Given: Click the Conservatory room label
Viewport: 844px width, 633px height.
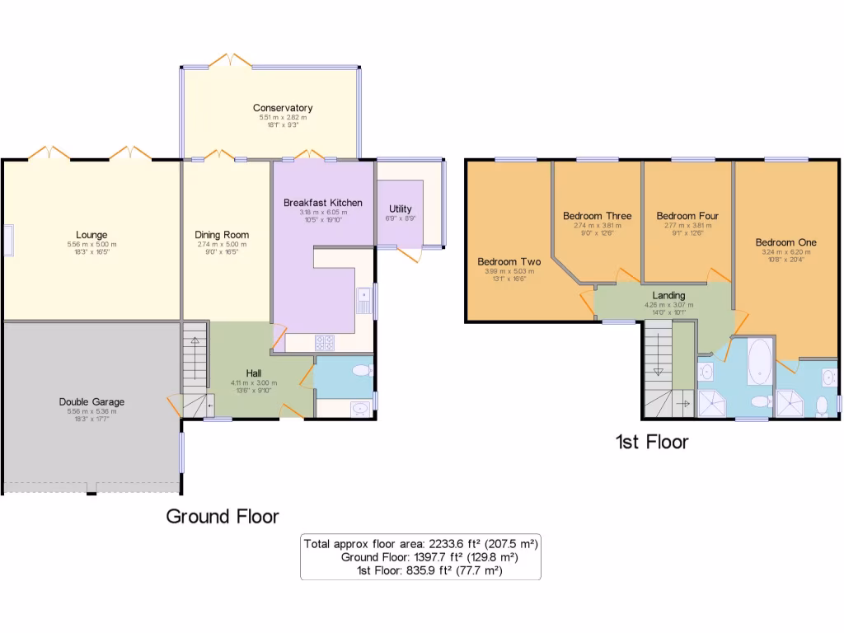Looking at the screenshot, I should [x=283, y=108].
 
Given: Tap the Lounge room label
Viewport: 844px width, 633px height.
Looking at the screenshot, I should [x=91, y=235].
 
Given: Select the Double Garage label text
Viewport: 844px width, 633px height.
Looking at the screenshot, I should [x=91, y=402].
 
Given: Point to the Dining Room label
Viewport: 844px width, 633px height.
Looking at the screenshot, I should [x=222, y=235].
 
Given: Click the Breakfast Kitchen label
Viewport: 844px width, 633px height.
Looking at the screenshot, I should [x=323, y=203].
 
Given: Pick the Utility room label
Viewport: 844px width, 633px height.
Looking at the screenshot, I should [x=401, y=209].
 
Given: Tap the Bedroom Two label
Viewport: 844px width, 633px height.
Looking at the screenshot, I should [x=509, y=262].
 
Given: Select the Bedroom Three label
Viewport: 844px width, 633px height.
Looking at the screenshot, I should [x=597, y=216].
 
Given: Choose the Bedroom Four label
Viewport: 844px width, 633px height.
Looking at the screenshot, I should [x=687, y=216].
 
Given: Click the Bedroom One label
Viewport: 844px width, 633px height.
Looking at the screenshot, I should [x=785, y=242].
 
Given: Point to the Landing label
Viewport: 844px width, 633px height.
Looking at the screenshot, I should [x=668, y=295].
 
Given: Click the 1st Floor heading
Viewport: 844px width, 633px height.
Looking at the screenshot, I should [x=652, y=443].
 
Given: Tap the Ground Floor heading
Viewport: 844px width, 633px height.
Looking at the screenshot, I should [x=223, y=517].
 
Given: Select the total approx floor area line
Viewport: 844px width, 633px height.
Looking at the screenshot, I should [x=420, y=544].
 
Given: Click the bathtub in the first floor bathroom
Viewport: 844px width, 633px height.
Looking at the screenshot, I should [x=759, y=363].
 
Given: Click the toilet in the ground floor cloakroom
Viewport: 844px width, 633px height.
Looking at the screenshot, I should [x=360, y=373].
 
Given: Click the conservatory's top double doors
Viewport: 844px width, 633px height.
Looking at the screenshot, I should [x=231, y=60].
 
